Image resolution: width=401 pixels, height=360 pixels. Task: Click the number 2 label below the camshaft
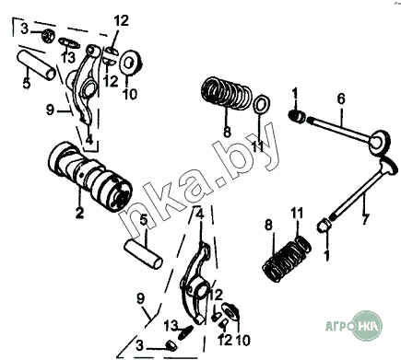(x=79, y=213)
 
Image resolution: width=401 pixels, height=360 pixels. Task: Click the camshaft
(x=90, y=177)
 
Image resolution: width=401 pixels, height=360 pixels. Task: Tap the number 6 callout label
(x=341, y=99)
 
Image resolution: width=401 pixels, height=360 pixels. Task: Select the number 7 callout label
(x=365, y=219)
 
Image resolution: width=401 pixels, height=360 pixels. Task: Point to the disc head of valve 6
(x=380, y=141)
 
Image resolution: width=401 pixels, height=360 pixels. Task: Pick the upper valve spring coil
(x=227, y=92)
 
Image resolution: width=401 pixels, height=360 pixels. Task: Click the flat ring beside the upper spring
(x=261, y=104)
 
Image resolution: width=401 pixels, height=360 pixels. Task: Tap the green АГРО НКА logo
(x=354, y=326)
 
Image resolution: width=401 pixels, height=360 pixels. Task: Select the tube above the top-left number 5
(x=36, y=64)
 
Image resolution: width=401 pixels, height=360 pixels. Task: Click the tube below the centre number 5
(x=143, y=254)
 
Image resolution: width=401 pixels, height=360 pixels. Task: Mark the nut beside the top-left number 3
(x=48, y=36)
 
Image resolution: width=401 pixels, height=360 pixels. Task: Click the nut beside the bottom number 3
(x=171, y=345)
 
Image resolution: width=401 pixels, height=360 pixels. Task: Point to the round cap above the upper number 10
(x=131, y=63)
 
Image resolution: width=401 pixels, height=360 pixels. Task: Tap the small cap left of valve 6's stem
(x=297, y=116)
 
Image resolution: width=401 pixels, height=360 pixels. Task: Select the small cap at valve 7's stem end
(x=323, y=226)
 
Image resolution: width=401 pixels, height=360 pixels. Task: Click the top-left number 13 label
(x=67, y=57)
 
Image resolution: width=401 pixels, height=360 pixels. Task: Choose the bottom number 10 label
(x=242, y=341)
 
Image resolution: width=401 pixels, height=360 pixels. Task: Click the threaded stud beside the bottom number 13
(x=185, y=332)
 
